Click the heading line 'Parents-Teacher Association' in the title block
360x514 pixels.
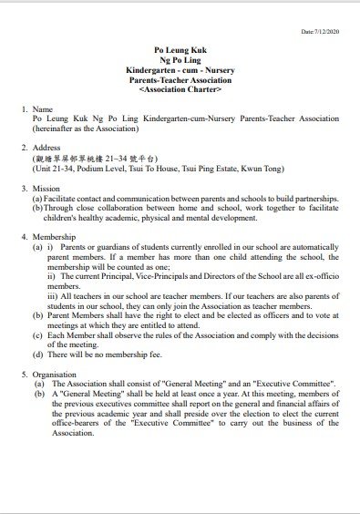(180, 79)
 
